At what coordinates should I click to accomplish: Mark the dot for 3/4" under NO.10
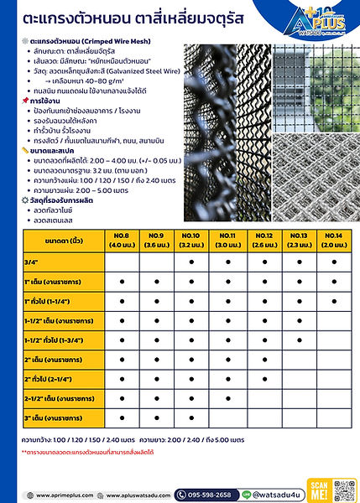191,262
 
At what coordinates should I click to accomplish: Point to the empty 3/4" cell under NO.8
123,262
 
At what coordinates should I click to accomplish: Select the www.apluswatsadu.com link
138,495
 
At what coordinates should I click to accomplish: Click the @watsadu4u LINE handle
284,495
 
